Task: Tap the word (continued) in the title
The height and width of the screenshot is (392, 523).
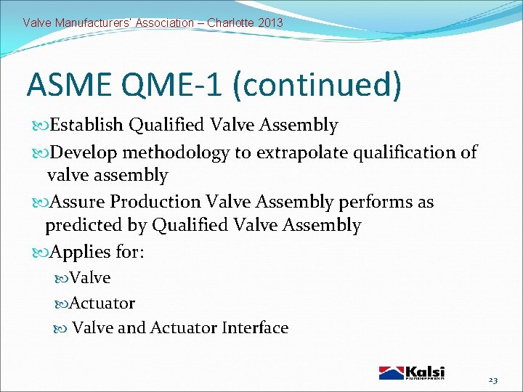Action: [x=317, y=85]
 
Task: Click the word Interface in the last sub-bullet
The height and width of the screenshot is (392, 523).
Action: [x=255, y=327]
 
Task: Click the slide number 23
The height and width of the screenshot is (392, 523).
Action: [x=493, y=380]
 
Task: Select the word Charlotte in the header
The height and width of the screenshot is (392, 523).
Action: [x=230, y=23]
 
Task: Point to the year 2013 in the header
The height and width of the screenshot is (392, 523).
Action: [x=269, y=23]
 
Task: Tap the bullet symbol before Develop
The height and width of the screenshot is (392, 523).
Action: [x=40, y=152]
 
